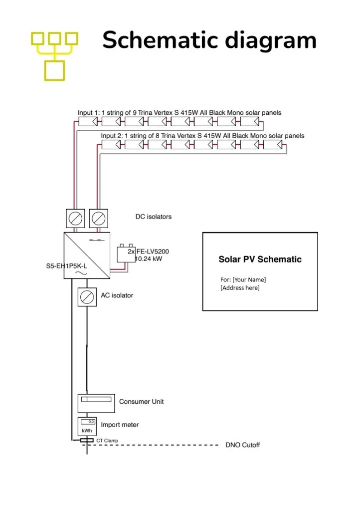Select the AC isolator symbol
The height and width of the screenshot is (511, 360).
coord(87,297)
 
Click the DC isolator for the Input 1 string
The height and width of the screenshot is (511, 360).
coord(75,219)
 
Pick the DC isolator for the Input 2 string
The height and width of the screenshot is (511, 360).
coord(99,219)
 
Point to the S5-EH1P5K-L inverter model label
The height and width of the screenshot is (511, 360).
coord(67,266)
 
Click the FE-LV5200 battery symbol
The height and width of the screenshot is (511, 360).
coord(126,253)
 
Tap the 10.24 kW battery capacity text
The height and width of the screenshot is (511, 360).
coord(149,259)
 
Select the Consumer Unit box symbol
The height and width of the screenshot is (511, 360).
coord(96,403)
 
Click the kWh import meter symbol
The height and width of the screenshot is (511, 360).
coord(87,426)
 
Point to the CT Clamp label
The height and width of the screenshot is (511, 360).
coord(107,441)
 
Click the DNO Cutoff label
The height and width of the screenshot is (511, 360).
coord(243,445)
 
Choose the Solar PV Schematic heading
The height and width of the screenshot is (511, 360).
coord(260,259)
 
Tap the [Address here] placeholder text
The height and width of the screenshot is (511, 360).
coord(240,288)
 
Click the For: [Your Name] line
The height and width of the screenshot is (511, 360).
coord(243,279)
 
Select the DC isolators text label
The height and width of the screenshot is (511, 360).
coord(153,217)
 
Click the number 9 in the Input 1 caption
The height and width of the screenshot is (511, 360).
coord(135,113)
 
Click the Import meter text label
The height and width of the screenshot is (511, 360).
coord(120,425)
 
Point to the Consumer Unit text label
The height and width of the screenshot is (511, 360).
coord(141,402)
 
